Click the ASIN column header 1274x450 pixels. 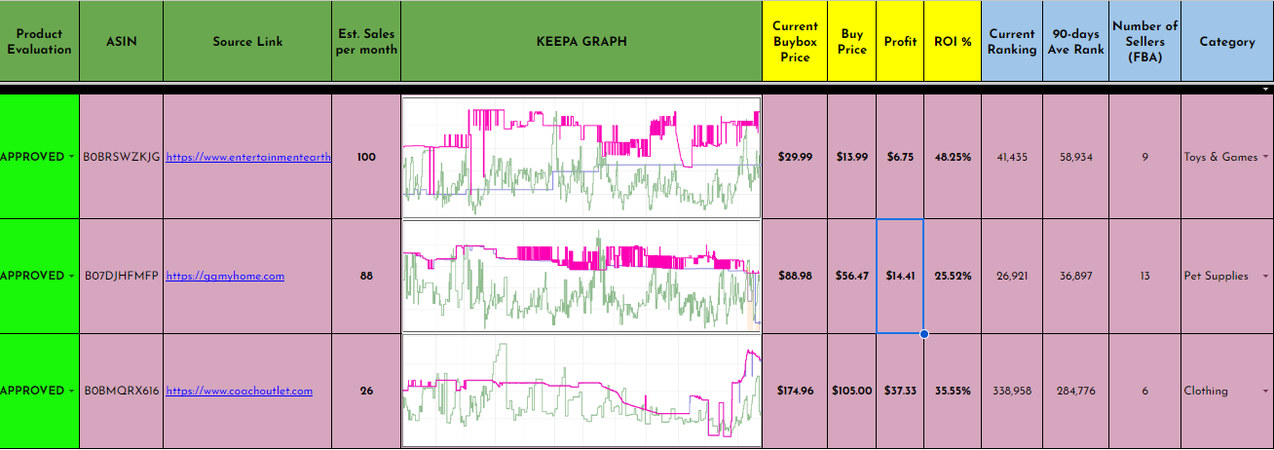point(121,42)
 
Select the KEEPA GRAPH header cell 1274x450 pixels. point(581,42)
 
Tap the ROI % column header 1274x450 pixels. point(953,42)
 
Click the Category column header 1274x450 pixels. point(1226,42)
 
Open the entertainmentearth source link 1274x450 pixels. point(248,157)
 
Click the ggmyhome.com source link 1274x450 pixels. point(225,276)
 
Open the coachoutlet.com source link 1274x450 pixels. point(239,391)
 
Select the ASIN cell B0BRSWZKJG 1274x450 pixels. point(122,157)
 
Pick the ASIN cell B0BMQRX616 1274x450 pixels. point(121,391)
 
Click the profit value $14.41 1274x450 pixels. point(900,276)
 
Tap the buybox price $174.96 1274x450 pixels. point(795,391)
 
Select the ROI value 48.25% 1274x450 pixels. point(953,157)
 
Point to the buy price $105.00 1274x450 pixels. point(851,391)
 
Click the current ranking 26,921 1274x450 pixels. point(1012,276)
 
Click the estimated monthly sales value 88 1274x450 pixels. point(366,276)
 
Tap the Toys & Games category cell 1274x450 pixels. point(1220,157)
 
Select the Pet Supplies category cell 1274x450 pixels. point(1216,276)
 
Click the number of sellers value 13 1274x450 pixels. point(1144,276)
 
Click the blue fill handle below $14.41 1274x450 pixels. point(923,334)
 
